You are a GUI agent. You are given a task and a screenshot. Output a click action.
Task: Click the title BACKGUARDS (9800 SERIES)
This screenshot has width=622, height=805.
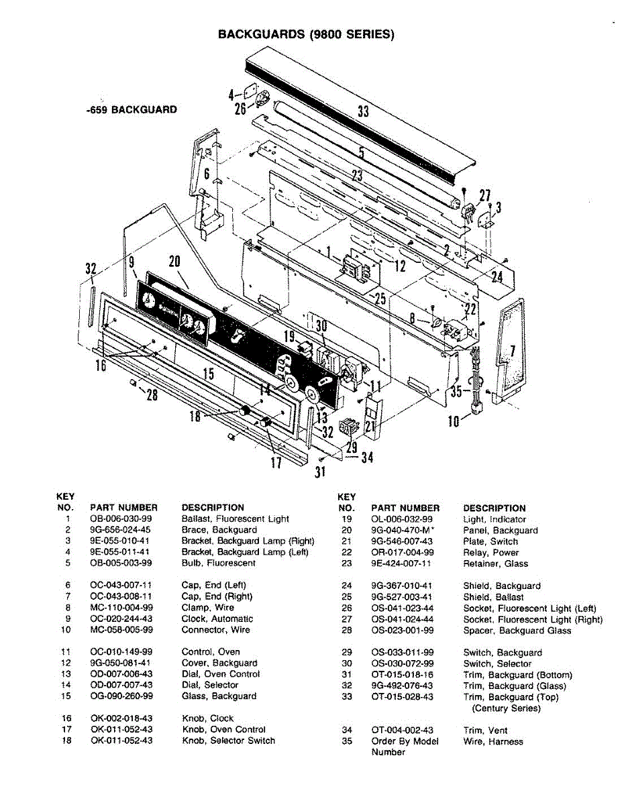coord(306,34)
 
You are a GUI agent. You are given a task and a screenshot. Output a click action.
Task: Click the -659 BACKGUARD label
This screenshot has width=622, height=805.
coord(132,109)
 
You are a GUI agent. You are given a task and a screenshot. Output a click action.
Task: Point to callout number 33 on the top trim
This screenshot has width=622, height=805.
coord(363,111)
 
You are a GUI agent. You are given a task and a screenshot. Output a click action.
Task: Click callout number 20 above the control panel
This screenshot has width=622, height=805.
coord(174,262)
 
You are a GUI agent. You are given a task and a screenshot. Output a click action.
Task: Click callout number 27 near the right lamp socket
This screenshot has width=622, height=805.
coord(484,195)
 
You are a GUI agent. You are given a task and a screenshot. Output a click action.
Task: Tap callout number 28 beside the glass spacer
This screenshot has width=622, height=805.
coord(152,395)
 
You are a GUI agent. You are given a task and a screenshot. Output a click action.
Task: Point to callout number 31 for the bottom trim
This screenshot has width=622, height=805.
coord(320,472)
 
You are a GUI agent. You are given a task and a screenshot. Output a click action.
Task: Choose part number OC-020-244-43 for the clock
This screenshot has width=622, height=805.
coord(121,619)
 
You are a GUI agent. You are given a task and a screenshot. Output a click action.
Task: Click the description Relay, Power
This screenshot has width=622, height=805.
coord(490,553)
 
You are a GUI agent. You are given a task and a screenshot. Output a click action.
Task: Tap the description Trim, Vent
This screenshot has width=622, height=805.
coord(485,731)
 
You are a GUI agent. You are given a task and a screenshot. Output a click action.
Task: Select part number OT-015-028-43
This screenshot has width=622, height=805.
coord(402,697)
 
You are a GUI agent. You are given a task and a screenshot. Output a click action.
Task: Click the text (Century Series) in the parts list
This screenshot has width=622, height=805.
coord(506,708)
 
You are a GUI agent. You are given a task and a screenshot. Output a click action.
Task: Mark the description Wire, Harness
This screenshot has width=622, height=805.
coord(493,742)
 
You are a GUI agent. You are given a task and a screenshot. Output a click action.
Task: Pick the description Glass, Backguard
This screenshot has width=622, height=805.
coord(219,696)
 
